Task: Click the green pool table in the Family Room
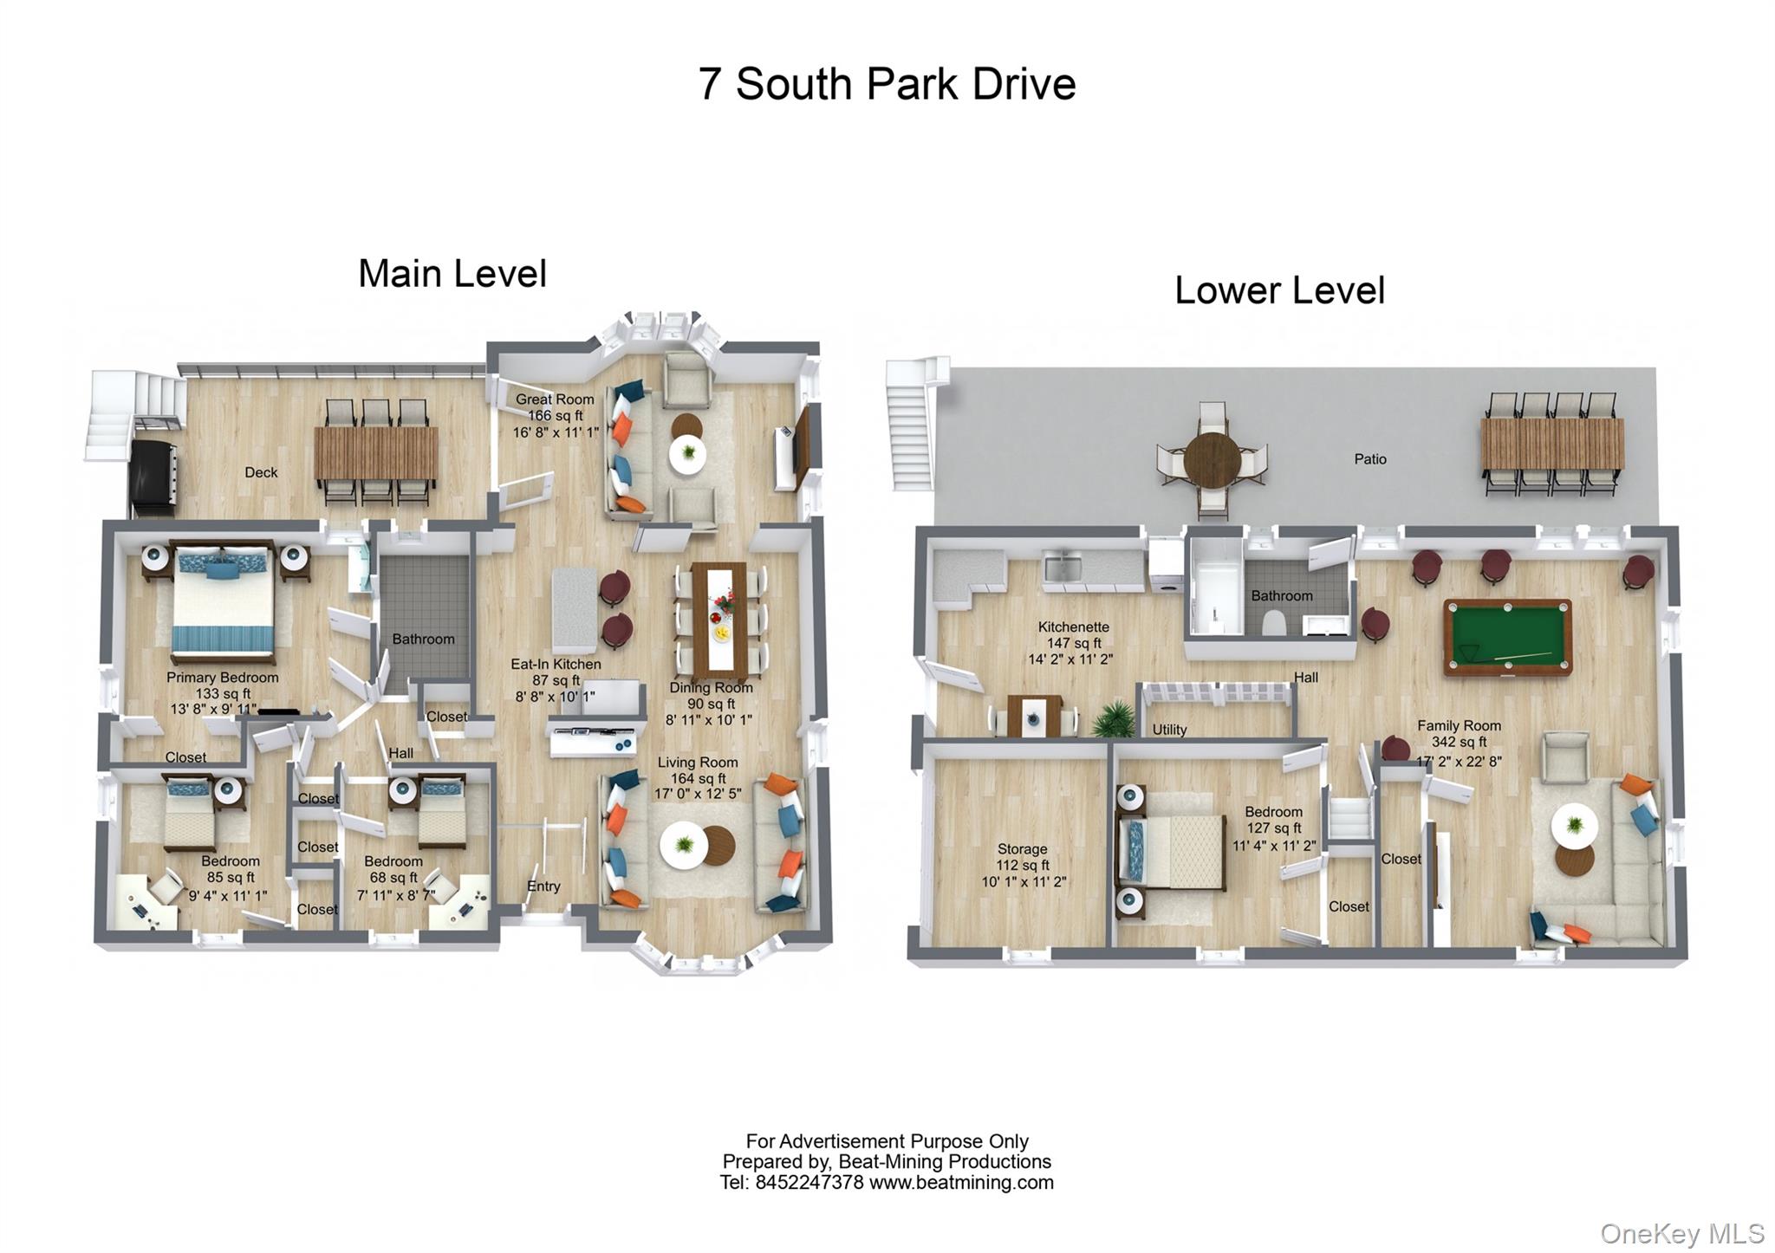pos(1507,638)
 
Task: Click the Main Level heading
pos(452,274)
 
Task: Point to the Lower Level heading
pos(1279,290)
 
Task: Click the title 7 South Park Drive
pos(887,84)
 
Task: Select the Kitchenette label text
pos(1074,627)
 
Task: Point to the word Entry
pos(543,886)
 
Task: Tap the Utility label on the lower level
pos(1169,730)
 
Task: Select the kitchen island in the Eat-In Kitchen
pos(575,610)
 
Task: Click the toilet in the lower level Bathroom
pos(1273,623)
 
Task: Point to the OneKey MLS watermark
pos(1682,1233)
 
